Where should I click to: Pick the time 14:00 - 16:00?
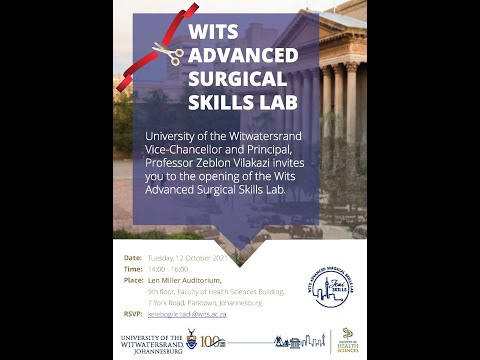point(167,270)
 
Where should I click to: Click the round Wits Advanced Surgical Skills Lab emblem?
point(329,285)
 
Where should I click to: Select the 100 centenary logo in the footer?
point(211,343)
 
